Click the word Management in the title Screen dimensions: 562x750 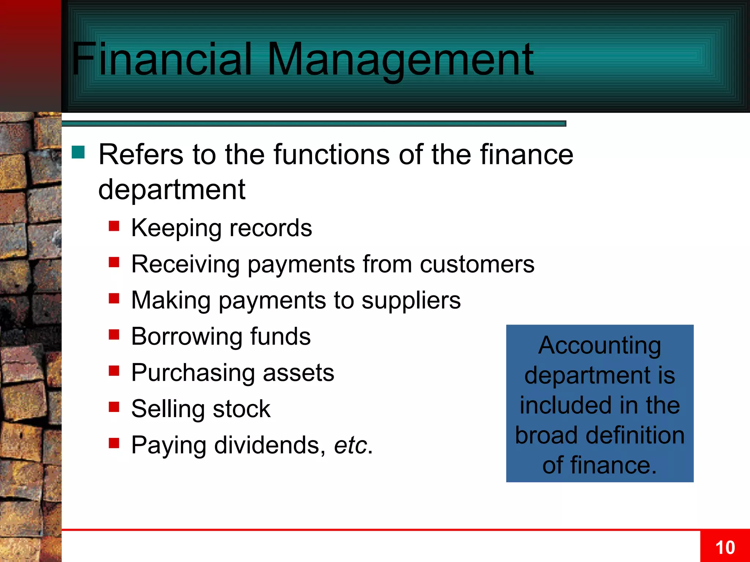tap(401, 60)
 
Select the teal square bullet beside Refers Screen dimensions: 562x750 tap(78, 152)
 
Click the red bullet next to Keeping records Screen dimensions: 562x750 tap(114, 226)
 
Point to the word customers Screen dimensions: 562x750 tap(477, 264)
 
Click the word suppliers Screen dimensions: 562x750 tap(411, 301)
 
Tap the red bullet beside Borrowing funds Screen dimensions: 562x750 tap(114, 334)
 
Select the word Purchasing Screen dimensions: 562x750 tap(193, 373)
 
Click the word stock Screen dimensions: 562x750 tap(241, 409)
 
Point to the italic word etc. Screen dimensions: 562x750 tap(350, 445)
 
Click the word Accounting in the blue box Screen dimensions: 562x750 tap(599, 346)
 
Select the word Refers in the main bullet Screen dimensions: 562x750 tap(141, 155)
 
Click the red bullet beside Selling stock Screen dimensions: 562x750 tap(114, 407)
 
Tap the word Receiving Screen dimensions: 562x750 tap(185, 264)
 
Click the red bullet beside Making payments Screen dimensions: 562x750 tap(114, 299)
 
